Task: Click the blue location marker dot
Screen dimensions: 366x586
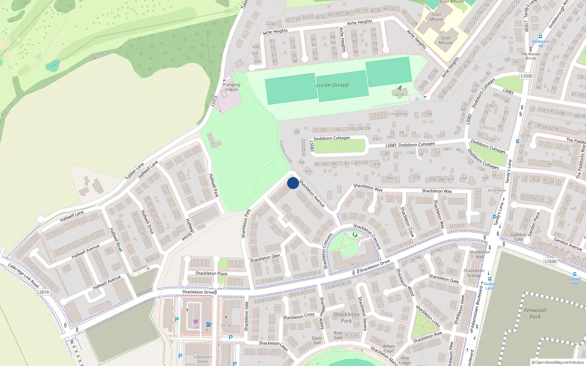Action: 293,183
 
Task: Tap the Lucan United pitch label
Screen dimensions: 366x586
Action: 332,85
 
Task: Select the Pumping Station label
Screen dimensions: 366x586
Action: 231,87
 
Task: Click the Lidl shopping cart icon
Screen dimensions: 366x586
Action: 196,322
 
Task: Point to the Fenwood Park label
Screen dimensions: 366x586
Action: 535,313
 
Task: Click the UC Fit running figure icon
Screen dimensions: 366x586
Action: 400,88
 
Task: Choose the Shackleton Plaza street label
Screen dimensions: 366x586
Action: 211,273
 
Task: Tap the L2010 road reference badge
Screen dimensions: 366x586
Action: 43,292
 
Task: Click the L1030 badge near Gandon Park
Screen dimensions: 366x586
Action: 550,261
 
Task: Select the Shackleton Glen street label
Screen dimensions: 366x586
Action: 265,258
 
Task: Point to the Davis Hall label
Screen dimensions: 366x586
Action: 317,340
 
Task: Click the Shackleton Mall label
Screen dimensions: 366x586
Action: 479,254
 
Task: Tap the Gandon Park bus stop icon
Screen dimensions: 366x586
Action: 574,274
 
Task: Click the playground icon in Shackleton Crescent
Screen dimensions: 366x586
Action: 355,235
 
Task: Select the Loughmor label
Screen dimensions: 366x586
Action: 398,114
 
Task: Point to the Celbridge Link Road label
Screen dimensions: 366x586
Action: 23,275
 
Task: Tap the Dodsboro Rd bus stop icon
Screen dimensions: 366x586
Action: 540,37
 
